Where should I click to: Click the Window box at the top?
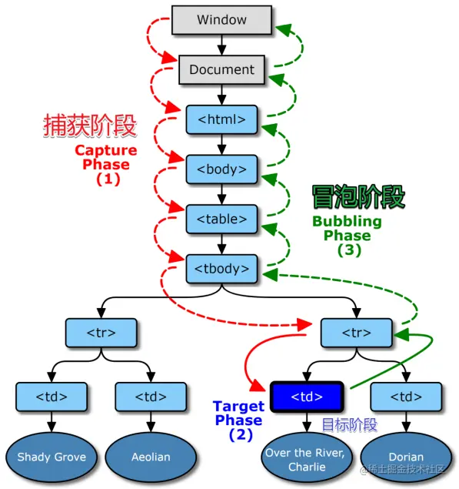pos(221,19)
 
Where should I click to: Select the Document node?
pos(221,69)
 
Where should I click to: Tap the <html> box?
pos(221,119)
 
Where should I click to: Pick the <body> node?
pos(221,169)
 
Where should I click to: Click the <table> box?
pos(221,219)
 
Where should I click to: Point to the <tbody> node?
pos(221,268)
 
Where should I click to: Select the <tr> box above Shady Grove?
pos(101,333)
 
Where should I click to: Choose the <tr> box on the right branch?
pos(356,333)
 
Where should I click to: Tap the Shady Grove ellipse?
pos(52,457)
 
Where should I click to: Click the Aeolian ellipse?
pos(151,457)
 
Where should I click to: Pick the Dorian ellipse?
pos(405,457)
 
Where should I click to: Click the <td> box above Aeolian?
pos(151,397)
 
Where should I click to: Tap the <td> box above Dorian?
pos(405,397)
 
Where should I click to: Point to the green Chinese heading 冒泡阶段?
pos(358,197)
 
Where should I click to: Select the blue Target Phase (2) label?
pos(238,420)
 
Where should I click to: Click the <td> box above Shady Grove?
pos(52,397)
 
